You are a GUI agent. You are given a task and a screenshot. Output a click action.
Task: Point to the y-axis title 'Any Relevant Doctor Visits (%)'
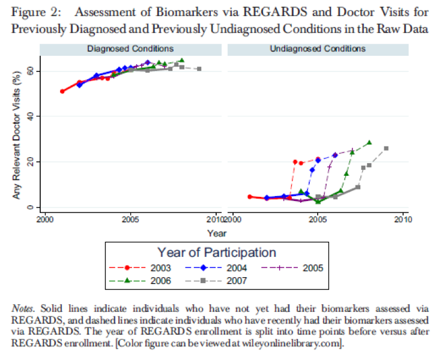tap(17, 135)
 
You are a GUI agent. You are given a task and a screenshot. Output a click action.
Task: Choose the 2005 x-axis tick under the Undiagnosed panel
tap(317, 220)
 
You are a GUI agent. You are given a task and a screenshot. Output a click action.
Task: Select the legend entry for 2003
tap(145, 267)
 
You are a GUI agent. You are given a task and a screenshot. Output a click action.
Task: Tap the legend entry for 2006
tap(145, 280)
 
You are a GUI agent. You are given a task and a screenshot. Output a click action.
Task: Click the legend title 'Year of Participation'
tap(216, 253)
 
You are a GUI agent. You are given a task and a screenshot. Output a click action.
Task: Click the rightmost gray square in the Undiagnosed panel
tap(386, 148)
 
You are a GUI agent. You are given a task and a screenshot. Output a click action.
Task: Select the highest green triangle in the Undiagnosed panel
tap(369, 143)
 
